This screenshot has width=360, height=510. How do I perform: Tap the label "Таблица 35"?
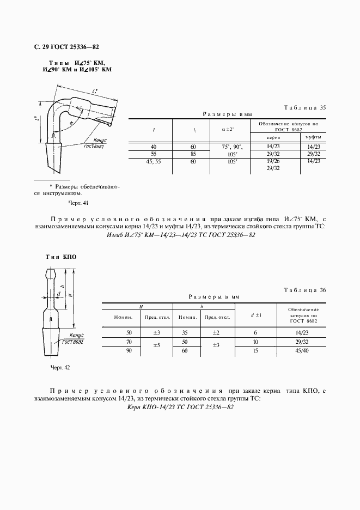tap(306, 108)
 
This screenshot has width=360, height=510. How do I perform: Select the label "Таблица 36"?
tap(306, 290)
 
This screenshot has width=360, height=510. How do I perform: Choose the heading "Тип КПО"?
tap(60, 256)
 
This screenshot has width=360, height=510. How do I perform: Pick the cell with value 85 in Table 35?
tap(194, 154)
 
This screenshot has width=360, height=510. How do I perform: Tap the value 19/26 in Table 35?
tap(275, 161)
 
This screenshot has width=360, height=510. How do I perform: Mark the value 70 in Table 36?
tap(129, 342)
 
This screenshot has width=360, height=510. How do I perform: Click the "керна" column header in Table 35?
tap(276, 138)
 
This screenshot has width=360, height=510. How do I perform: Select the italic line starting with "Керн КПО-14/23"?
tap(180, 408)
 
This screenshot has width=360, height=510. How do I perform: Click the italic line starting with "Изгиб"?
tap(180, 235)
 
